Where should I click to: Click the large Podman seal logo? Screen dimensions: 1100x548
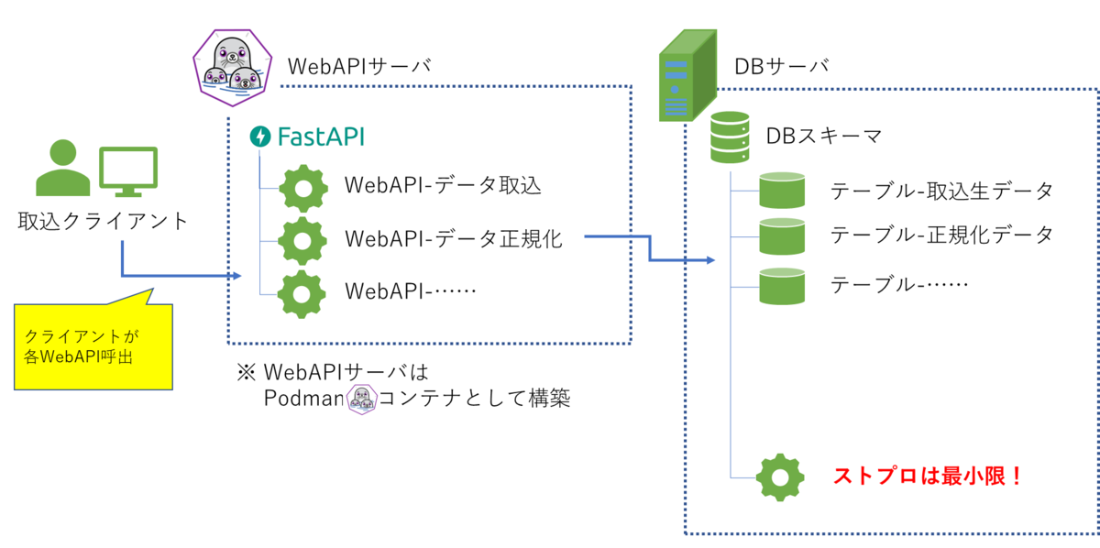232,68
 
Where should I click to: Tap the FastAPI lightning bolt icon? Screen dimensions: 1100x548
260,137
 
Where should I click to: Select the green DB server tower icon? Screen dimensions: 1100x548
687,75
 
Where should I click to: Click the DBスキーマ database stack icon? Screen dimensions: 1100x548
730,137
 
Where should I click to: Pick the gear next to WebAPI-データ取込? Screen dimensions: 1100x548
303,189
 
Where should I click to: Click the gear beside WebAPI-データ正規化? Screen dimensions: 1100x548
302,241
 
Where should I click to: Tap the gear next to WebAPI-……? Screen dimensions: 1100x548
302,294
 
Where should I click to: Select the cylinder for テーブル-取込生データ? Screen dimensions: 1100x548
782,191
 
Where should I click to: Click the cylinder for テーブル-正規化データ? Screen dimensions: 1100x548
782,236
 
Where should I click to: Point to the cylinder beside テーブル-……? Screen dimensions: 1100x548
782,286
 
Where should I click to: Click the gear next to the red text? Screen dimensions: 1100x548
780,477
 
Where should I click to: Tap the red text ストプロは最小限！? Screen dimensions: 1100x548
928,476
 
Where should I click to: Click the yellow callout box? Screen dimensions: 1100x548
93,346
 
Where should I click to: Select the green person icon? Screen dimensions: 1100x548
63,168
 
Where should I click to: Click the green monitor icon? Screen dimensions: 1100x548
128,171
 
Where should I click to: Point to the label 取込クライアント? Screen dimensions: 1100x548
103,221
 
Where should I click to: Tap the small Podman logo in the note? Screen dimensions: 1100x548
362,400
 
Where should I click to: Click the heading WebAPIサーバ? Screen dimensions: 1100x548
359,66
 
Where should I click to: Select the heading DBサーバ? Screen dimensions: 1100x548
781,66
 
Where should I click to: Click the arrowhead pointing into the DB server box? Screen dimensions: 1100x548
710,259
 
